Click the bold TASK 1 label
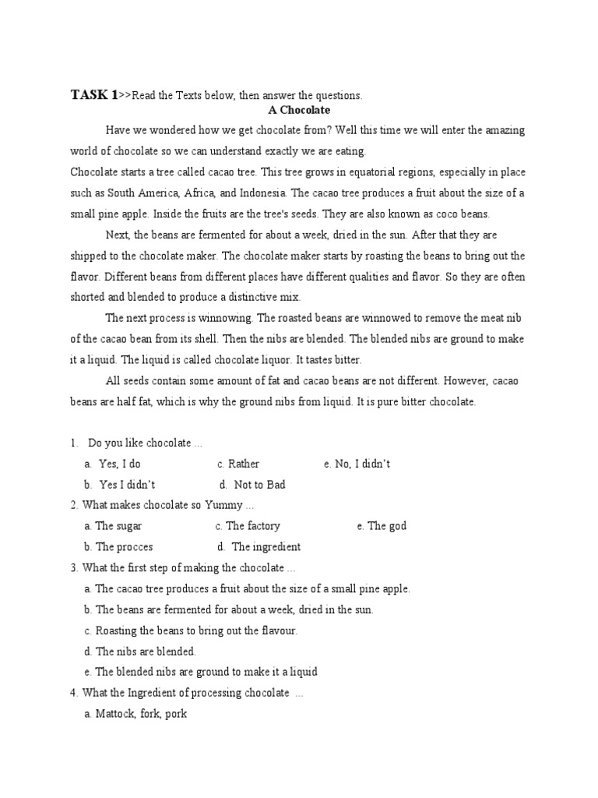[x=94, y=95]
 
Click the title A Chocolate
[x=299, y=111]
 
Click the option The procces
[x=124, y=547]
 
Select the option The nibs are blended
[x=145, y=651]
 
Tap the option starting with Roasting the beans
[x=196, y=630]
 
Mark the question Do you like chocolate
[x=145, y=443]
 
